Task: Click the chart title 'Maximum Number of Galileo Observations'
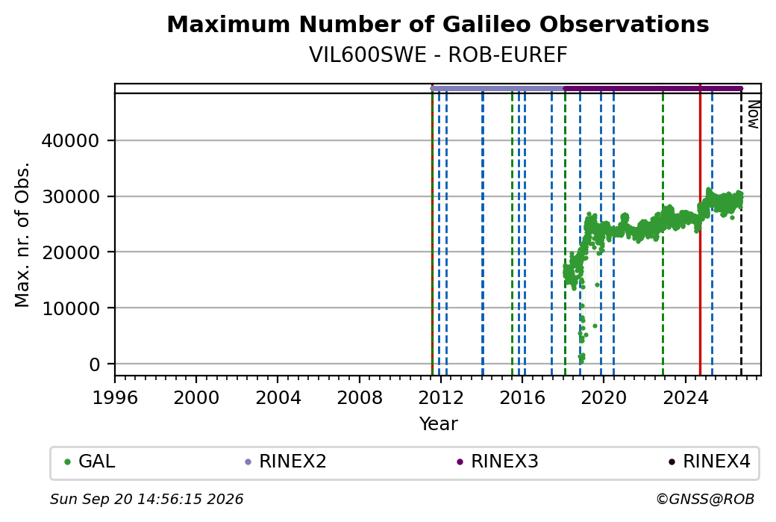click(438, 24)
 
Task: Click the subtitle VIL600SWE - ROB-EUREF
click(438, 55)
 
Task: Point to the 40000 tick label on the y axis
click(70, 140)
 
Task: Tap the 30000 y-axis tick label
click(70, 196)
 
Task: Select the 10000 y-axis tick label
click(70, 308)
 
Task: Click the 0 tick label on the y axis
click(95, 364)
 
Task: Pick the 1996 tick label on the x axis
click(115, 398)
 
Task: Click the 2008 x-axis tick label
click(360, 398)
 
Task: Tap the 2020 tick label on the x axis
click(604, 398)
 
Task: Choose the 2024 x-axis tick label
click(685, 398)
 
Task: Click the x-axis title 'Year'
click(438, 424)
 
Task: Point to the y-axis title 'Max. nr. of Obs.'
click(22, 234)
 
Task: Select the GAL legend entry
click(90, 462)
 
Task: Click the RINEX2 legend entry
click(286, 462)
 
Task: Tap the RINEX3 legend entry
click(498, 462)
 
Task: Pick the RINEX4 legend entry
click(709, 462)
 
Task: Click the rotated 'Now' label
click(753, 114)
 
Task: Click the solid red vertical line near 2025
click(701, 230)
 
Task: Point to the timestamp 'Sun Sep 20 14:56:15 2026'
click(146, 499)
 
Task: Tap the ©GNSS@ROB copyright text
click(705, 499)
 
